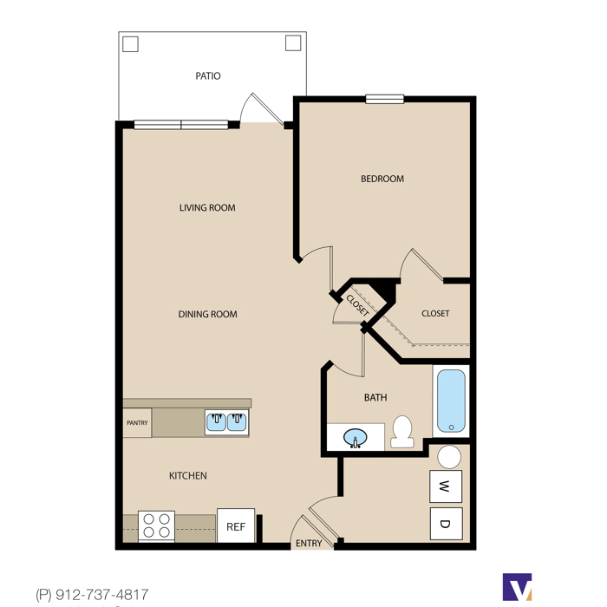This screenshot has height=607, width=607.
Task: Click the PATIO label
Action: pos(208,76)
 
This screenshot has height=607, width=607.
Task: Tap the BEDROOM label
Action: pos(382,179)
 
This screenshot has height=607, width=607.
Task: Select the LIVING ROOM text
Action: pos(207,208)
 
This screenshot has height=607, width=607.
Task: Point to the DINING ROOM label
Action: pos(207,314)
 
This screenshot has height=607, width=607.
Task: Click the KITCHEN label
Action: pos(188,476)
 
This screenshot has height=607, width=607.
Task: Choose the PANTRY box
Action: pos(137,423)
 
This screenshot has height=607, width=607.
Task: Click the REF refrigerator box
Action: pos(236,525)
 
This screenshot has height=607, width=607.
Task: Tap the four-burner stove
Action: pos(156,526)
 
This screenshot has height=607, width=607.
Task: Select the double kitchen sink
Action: pos(226,422)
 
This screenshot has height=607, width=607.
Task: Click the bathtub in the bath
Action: pos(451,401)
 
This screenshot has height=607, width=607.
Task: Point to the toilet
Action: pos(402,432)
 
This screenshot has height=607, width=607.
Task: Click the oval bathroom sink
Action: pos(356,438)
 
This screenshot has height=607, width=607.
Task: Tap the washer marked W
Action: pos(446,486)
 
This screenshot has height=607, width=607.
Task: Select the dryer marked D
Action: pos(446,524)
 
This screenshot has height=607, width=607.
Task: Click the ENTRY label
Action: pos(309,544)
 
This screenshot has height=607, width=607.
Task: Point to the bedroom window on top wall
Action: pos(385,99)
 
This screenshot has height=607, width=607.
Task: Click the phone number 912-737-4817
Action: pos(101,594)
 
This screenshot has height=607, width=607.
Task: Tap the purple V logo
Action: pos(517,587)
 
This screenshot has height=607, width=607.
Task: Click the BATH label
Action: pos(375,397)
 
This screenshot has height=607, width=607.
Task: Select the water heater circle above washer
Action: pos(449,457)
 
